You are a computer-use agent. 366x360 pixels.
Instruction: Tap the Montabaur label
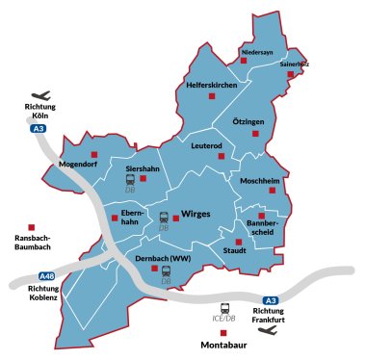point(224,344)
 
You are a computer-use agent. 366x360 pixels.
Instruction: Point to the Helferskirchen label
point(212,85)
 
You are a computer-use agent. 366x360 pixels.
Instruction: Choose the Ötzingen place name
point(248,123)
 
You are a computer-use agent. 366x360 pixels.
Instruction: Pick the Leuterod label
point(207,146)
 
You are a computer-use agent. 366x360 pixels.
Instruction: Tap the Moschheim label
point(259,180)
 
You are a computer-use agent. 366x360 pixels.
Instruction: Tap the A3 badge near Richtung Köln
point(39,128)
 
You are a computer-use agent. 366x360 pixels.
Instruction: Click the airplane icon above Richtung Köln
point(41,96)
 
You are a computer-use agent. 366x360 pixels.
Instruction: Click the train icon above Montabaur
point(225,310)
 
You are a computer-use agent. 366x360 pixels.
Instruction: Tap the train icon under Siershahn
point(129,179)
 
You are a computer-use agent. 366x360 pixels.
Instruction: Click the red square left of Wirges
point(176,217)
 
